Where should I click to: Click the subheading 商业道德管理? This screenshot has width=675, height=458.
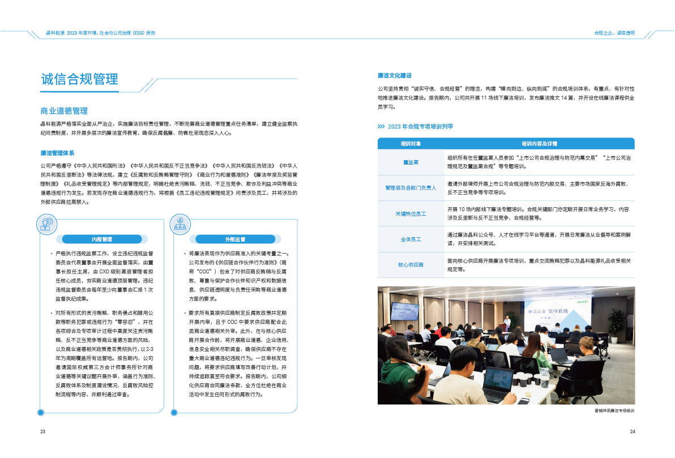tap(64, 110)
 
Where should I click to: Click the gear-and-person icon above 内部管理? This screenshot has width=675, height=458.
tap(46, 225)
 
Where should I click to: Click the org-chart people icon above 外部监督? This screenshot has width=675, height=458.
tap(180, 225)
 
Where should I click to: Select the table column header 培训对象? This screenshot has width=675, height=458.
tap(411, 144)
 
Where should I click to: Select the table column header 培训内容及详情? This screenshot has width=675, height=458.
tap(540, 144)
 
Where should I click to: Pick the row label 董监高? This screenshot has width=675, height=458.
tap(411, 162)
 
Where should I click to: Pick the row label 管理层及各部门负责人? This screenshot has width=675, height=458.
tap(411, 188)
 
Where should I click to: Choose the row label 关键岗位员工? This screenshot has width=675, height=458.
tap(411, 213)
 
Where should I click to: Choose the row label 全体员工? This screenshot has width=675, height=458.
tap(411, 239)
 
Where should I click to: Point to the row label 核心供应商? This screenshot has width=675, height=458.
tap(411, 264)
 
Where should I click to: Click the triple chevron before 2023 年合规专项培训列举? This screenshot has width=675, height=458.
tap(382, 126)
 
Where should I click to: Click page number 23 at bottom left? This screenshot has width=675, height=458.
tap(42, 432)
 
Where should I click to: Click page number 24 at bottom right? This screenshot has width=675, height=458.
tap(632, 432)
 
